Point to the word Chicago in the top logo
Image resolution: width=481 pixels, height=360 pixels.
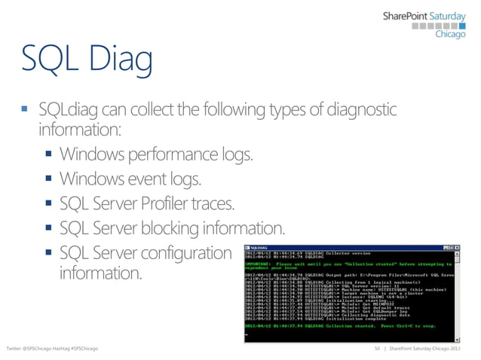[451, 41]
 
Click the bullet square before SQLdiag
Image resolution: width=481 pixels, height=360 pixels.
[23, 110]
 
